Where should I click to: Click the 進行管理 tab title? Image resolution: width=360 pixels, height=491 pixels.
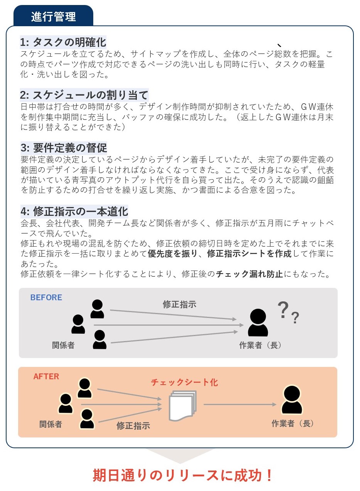(53, 17)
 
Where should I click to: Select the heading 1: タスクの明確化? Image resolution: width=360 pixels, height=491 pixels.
(63, 42)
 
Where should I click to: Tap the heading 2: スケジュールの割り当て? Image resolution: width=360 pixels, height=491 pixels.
(84, 95)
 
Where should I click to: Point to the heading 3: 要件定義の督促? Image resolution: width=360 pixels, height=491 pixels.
(64, 148)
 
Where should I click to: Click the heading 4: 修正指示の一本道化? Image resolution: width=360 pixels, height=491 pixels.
(74, 212)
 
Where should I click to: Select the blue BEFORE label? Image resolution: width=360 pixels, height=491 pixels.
(46, 298)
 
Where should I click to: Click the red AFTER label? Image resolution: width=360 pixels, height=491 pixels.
(46, 377)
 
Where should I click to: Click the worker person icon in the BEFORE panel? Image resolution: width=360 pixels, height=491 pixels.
(258, 322)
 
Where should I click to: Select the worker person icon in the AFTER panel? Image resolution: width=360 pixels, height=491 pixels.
(292, 400)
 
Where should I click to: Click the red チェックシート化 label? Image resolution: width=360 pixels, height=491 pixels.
(184, 382)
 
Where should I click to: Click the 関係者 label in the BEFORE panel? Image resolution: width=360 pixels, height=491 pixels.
(63, 345)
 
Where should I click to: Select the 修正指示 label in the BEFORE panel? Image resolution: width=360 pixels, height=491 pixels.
(180, 304)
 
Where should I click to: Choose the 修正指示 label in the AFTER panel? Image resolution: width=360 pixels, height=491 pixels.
(133, 426)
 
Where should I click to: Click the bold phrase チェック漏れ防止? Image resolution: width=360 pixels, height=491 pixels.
(249, 274)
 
